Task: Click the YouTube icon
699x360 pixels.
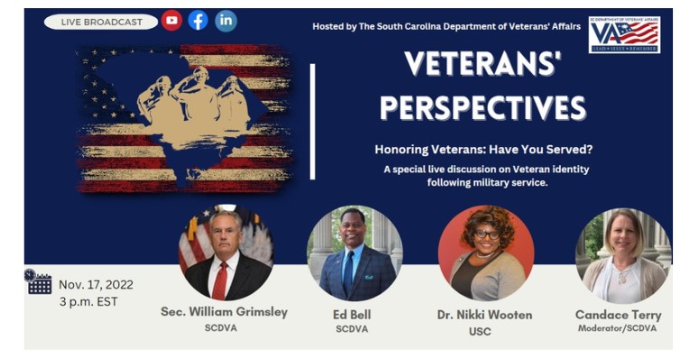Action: point(171,21)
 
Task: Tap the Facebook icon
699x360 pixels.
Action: point(198,21)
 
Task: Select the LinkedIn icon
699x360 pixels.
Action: point(225,21)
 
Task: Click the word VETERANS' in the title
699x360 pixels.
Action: point(483,65)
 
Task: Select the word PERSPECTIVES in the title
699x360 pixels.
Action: point(483,107)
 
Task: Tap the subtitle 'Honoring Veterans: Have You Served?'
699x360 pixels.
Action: point(483,150)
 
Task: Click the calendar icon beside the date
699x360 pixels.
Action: point(38,283)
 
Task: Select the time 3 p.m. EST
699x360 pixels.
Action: point(88,301)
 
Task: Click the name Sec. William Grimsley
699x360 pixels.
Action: point(225,312)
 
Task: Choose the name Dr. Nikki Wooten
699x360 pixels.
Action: point(486,315)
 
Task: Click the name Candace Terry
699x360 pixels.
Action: point(618,315)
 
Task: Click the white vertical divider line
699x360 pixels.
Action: point(313,121)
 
